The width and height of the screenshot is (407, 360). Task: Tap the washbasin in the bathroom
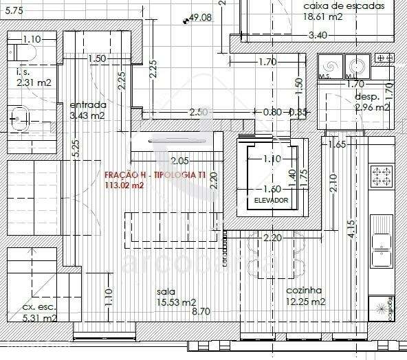point(19,118)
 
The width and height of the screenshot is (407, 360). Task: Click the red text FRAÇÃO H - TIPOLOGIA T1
point(154,175)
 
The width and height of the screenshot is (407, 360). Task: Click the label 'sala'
point(166,291)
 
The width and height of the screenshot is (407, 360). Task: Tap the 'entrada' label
point(87,105)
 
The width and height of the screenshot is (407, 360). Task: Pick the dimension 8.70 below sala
point(201,312)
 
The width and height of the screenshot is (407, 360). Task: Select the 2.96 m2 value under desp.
point(372,107)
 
